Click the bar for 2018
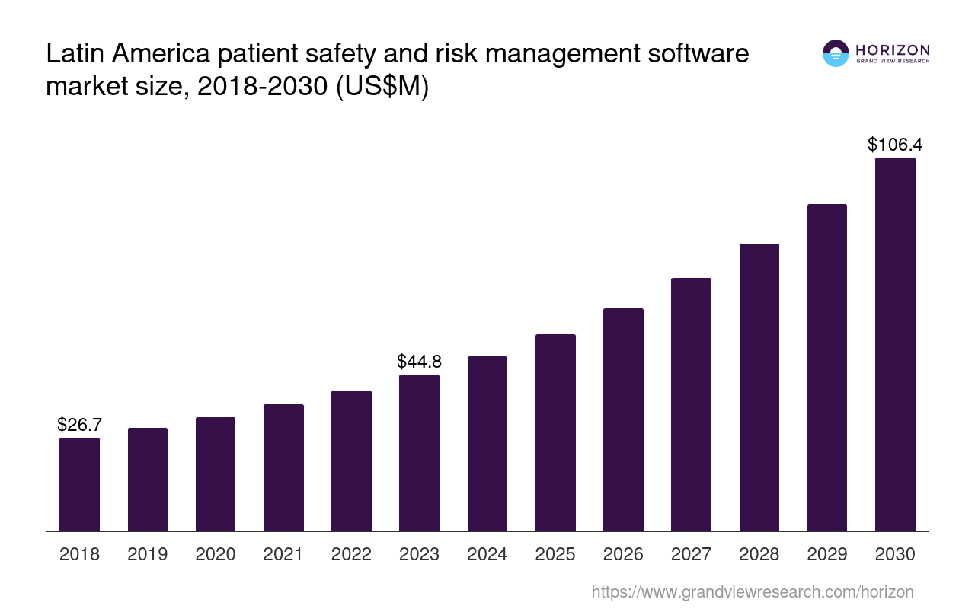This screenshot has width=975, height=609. [79, 484]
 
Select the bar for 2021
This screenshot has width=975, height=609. [283, 467]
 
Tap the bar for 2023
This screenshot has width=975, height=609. [419, 453]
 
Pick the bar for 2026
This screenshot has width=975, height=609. [623, 419]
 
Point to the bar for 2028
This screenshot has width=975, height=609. [759, 387]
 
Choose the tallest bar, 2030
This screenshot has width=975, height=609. [895, 344]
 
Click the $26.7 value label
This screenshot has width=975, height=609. [79, 425]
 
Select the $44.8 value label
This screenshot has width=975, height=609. [419, 362]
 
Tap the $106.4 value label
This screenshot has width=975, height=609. [895, 145]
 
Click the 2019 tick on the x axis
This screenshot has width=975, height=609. [148, 554]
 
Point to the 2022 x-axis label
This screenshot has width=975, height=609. [351, 554]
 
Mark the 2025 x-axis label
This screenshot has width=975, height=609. [555, 554]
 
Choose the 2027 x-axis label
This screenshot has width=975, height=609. [691, 554]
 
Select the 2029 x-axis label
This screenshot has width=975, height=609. [827, 554]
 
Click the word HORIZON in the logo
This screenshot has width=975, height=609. [893, 50]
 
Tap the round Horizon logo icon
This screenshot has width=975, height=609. [836, 53]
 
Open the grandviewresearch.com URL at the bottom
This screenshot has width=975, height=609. [752, 591]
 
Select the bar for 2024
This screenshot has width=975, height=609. [487, 444]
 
